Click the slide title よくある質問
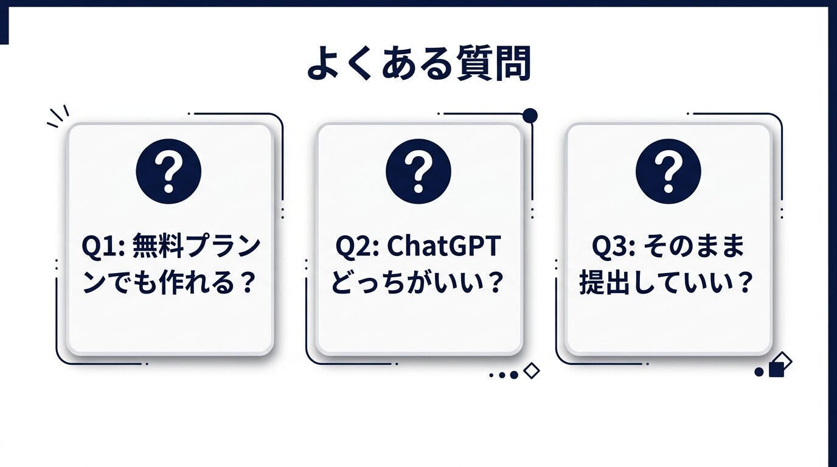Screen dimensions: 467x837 click(418, 64)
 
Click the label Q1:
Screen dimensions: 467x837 click(104, 248)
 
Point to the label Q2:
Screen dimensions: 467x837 click(358, 248)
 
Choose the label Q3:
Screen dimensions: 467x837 click(614, 248)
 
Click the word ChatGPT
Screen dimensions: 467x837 click(443, 248)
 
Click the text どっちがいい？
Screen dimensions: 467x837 click(418, 283)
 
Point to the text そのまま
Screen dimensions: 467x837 click(693, 248)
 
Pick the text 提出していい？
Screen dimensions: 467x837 click(668, 283)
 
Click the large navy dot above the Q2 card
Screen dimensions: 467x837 click(530, 115)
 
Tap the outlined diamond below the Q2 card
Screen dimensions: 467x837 click(532, 370)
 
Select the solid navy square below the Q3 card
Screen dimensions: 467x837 click(776, 370)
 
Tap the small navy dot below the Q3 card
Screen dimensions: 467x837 click(759, 372)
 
